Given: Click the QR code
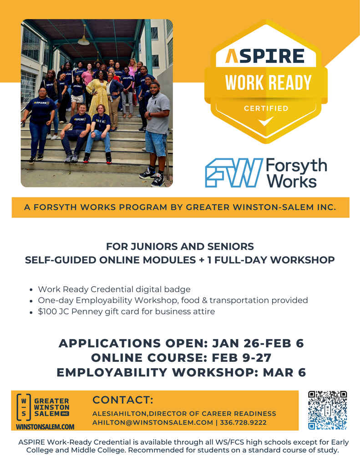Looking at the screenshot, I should point(327,410).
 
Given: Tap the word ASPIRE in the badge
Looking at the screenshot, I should point(265,56).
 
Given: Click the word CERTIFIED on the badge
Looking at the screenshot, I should point(266,108).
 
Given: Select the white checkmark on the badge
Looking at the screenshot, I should point(266,121).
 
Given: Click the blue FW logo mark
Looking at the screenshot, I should point(233,173).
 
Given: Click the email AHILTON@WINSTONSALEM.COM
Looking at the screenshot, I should point(152,423).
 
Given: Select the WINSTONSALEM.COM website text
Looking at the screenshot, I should point(45,427).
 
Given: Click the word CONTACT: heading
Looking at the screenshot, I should point(123,400).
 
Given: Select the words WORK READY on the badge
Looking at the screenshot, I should point(268,83).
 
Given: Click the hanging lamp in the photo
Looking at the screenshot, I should point(83,41).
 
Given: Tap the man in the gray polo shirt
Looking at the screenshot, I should point(157,130).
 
